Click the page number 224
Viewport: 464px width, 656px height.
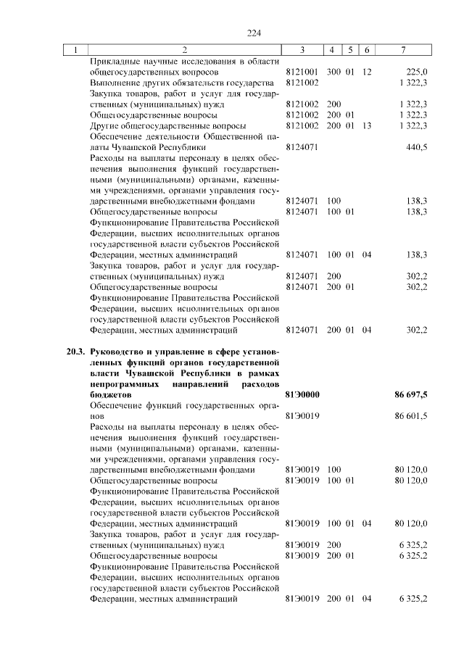click(x=253, y=33)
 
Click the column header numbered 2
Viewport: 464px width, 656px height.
click(x=184, y=50)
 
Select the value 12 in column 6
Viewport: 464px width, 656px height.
click(x=367, y=72)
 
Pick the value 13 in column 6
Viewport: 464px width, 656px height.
click(x=367, y=126)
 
